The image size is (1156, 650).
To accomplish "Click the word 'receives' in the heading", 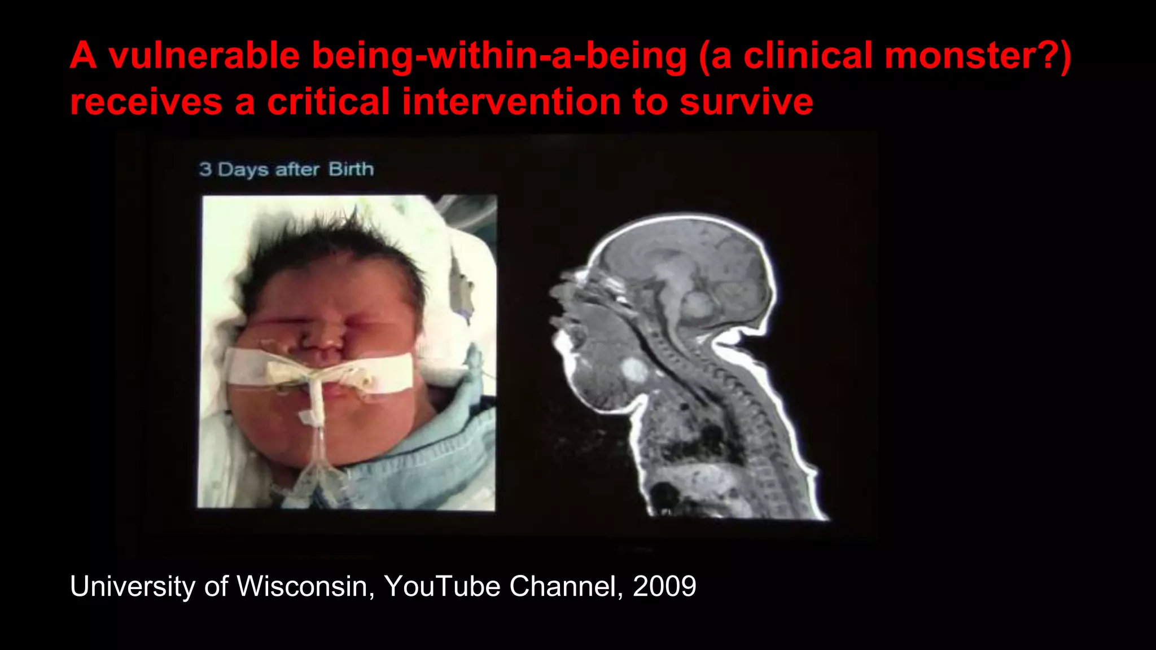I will [146, 102].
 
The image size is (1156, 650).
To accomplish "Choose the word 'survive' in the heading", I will [746, 102].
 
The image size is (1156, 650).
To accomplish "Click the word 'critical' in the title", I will [329, 102].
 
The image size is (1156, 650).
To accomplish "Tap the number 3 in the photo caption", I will [205, 169].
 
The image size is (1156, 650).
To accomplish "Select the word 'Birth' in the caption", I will [351, 169].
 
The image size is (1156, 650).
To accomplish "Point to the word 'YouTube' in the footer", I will [442, 586].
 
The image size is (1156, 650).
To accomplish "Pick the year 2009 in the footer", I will [664, 586].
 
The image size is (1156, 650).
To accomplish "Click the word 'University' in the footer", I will [132, 586].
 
